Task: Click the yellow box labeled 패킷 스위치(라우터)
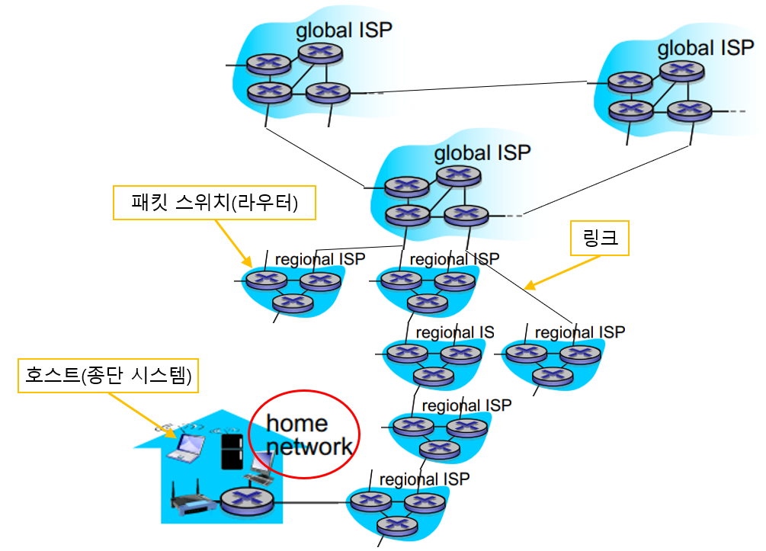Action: pos(213,203)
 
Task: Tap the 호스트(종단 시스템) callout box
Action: pos(107,375)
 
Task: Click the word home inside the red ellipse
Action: pos(297,424)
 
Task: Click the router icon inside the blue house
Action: pos(247,501)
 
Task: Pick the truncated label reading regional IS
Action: pos(455,332)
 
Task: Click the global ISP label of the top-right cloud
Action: pos(705,48)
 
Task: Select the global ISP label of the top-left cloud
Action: pos(344,30)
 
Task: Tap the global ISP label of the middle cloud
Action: pos(482,152)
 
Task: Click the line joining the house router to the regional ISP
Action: pos(309,502)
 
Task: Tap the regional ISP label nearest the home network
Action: pos(425,479)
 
